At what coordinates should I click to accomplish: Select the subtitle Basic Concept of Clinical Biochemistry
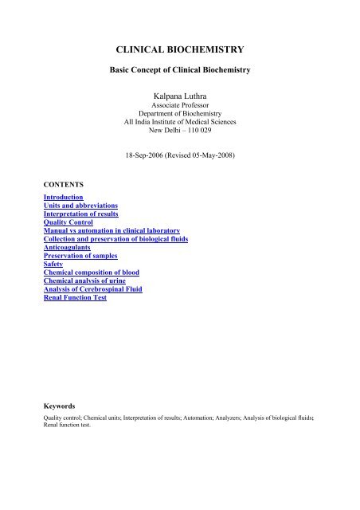tap(179, 70)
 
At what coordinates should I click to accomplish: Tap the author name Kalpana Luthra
tap(179, 97)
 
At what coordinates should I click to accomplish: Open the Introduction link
tap(64, 197)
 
